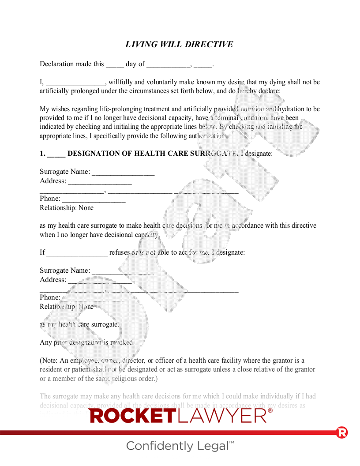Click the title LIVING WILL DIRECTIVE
pos(179,45)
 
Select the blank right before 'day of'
pos(115,65)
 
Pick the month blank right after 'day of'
pos(168,65)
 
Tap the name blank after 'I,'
pos(75,83)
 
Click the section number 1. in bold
pos(42,154)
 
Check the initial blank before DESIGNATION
pos(56,154)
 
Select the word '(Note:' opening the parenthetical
pos(50,361)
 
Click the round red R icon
pos(341,432)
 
